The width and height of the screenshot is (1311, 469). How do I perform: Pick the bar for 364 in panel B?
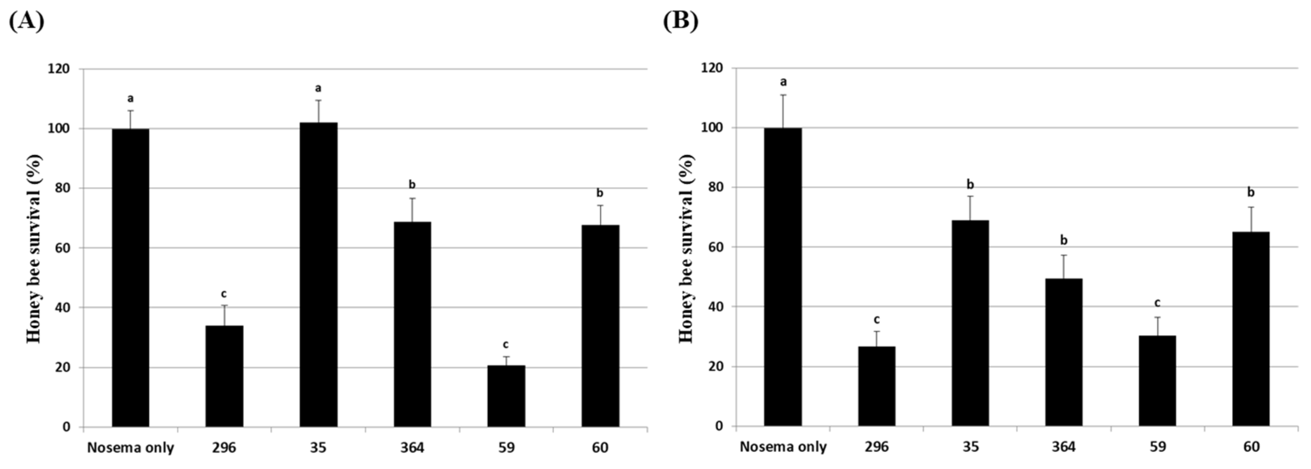(x=1064, y=352)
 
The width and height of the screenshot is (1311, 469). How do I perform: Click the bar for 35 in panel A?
(x=318, y=275)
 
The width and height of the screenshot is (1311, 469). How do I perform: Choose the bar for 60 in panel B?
(x=1251, y=328)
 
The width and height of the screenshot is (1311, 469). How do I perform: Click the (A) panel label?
(x=26, y=21)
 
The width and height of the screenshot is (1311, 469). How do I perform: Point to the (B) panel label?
(x=681, y=21)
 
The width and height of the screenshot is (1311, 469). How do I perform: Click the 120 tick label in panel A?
(x=59, y=69)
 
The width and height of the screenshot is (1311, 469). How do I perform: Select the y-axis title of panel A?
(x=34, y=249)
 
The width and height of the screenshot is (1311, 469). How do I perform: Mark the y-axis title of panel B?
(x=686, y=249)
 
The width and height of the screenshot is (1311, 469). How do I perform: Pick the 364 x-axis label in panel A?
(x=412, y=448)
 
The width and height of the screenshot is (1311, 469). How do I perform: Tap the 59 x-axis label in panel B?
(x=1157, y=447)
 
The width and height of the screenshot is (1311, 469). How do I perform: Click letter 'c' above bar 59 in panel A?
(x=506, y=345)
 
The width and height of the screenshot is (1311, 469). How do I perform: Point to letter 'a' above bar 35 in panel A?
(x=318, y=89)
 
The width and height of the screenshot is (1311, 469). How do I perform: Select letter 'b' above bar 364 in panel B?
(x=1063, y=240)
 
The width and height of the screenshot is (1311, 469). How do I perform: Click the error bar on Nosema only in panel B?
(x=783, y=111)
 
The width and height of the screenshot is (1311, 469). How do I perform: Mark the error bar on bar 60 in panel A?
(x=600, y=215)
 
